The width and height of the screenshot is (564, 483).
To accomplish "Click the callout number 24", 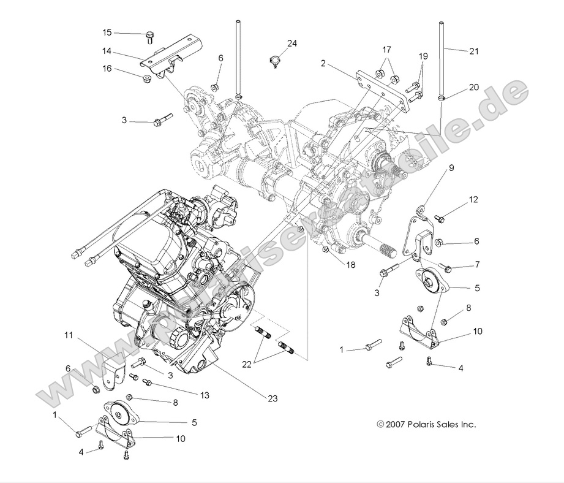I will pos(292,43).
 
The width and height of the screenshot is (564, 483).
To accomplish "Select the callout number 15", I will pos(107,32).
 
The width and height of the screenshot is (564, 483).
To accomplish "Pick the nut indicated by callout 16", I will pos(146,79).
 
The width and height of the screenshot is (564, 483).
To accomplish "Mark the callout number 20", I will pos(473,87).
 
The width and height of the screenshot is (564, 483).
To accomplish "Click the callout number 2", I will pos(323,63).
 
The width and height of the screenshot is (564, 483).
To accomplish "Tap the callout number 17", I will pos(386,48).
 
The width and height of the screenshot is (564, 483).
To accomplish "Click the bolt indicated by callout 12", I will pos(440,218).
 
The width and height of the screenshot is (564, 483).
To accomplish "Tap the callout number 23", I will pos(273,398).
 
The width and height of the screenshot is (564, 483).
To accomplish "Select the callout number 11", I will pos(69,335).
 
